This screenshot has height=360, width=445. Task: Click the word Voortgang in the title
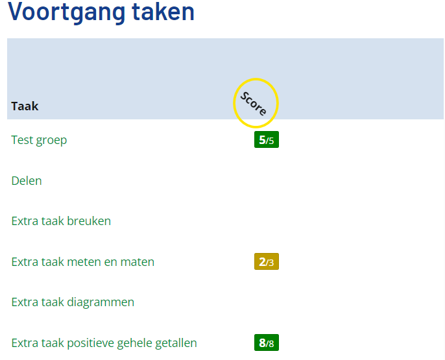click(x=66, y=12)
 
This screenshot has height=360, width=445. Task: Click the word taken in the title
click(x=163, y=12)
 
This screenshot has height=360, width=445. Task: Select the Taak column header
click(x=25, y=106)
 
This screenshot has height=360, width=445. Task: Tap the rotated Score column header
click(x=254, y=104)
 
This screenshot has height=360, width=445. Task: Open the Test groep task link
click(x=39, y=140)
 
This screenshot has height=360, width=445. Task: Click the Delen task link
click(x=27, y=181)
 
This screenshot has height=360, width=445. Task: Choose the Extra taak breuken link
click(x=61, y=221)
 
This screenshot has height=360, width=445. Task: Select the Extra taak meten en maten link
click(x=83, y=262)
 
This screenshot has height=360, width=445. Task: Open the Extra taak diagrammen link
click(x=73, y=302)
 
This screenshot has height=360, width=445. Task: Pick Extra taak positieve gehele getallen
click(x=104, y=343)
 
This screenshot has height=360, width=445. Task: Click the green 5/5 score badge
click(x=267, y=139)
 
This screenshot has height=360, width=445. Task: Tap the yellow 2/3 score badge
click(x=267, y=261)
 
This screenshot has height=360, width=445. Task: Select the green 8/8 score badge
click(x=267, y=342)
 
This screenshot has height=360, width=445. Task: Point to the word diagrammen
click(x=101, y=303)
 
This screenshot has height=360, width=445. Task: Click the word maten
click(x=138, y=262)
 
